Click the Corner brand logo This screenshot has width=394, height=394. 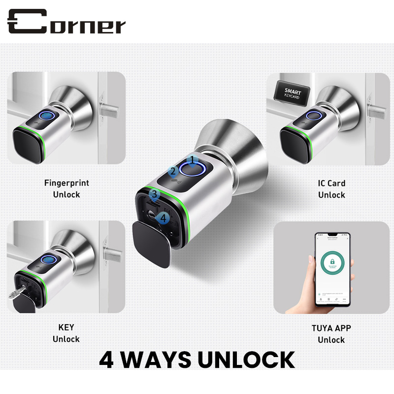pos(66,22)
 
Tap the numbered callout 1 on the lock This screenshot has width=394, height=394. pos(193,160)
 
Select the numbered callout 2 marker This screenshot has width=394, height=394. pos(172,171)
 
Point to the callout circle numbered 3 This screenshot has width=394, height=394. pos(154,195)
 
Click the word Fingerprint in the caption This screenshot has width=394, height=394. pos(66,183)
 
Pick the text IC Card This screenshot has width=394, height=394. pos(331,183)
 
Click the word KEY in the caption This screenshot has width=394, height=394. pos(66,328)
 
